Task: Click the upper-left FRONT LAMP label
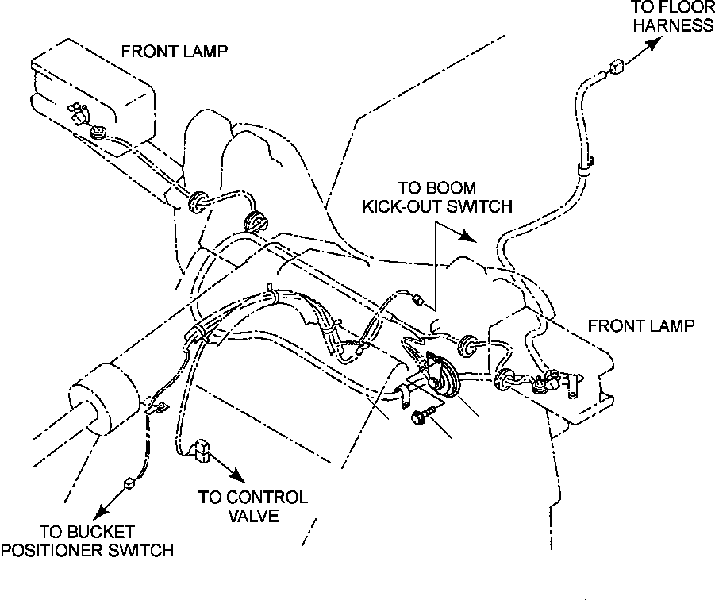[x=175, y=52]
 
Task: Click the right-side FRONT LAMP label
[x=641, y=326]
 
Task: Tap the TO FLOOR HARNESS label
[x=673, y=17]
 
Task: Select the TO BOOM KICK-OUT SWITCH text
[x=437, y=197]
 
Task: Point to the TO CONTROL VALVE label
[x=253, y=506]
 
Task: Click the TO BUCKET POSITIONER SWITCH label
[x=87, y=540]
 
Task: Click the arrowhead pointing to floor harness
[x=654, y=44]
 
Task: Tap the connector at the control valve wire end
[x=201, y=451]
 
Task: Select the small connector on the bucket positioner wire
[x=129, y=483]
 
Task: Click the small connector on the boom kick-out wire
[x=417, y=300]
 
